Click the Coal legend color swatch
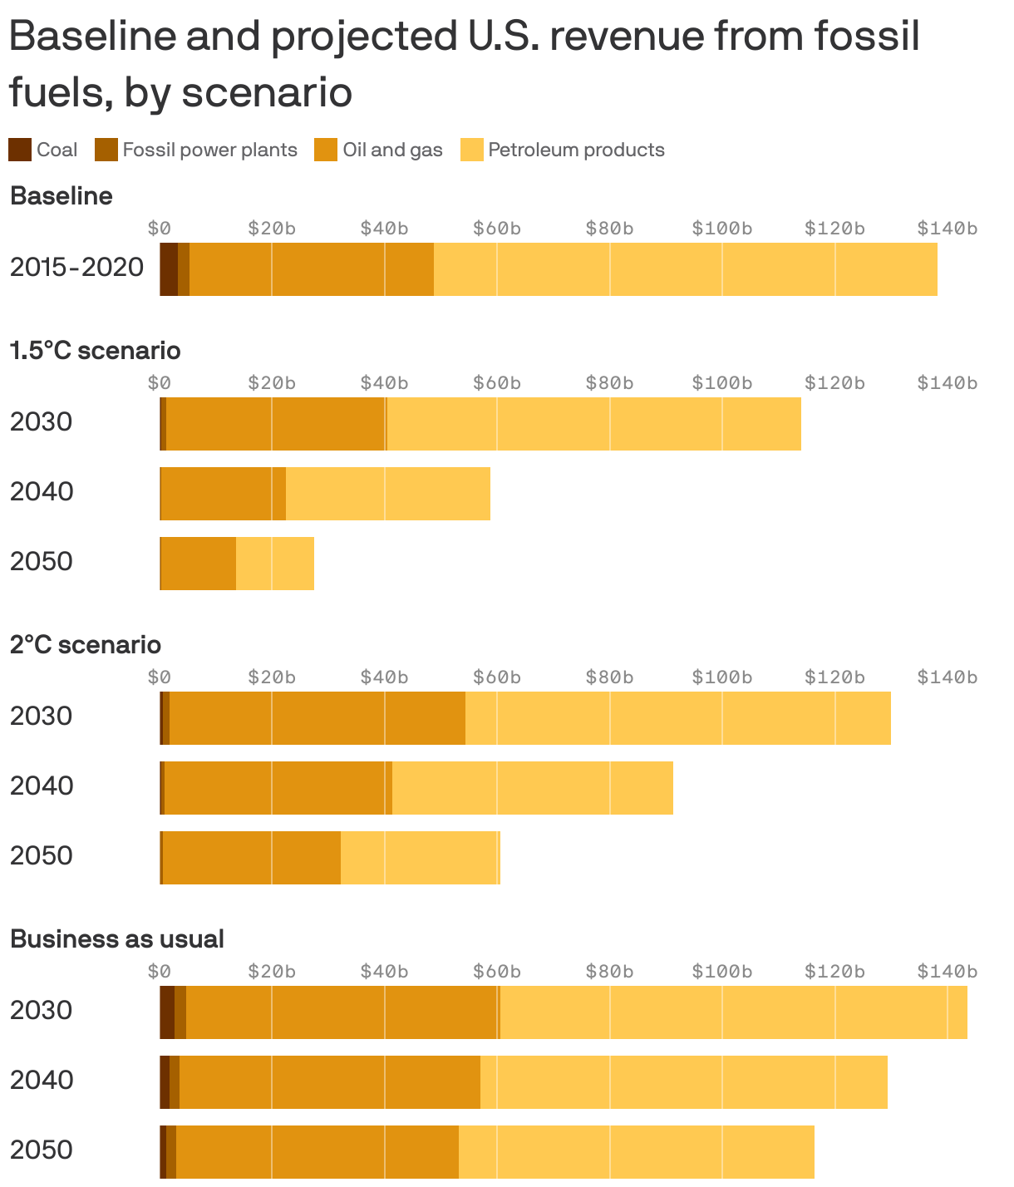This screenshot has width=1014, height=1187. click(x=20, y=150)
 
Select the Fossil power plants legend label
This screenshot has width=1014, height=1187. click(x=209, y=150)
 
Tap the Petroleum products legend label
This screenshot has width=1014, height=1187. click(x=576, y=150)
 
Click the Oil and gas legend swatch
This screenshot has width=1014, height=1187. click(x=326, y=150)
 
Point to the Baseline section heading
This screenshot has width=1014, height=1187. click(x=62, y=196)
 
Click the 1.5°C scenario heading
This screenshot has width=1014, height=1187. click(x=95, y=351)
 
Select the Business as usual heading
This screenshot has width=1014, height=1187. click(x=117, y=939)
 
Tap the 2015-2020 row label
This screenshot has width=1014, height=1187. click(x=76, y=268)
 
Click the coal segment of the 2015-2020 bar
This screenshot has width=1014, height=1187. click(x=169, y=269)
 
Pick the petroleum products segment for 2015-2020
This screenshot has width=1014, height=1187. click(x=686, y=269)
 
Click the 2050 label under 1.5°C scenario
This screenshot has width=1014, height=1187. click(x=42, y=562)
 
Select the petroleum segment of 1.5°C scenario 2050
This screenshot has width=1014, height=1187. click(x=275, y=564)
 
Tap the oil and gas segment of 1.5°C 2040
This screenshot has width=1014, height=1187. click(x=223, y=494)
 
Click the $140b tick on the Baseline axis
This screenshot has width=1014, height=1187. click(x=947, y=229)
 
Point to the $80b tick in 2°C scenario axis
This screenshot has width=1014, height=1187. click(x=609, y=677)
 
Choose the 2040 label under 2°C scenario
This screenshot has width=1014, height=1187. click(x=42, y=786)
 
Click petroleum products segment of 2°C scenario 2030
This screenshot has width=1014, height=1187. click(x=677, y=718)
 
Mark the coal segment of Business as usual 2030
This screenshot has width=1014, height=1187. click(x=167, y=1012)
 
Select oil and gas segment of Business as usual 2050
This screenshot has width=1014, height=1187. click(x=317, y=1152)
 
